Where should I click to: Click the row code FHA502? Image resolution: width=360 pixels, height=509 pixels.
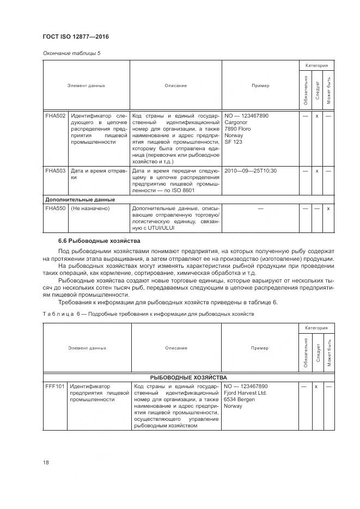55,116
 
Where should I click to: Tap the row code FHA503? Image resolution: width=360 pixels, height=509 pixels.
55,171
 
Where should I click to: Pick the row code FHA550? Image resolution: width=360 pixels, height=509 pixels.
55,208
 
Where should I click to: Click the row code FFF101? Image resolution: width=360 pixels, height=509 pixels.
56,386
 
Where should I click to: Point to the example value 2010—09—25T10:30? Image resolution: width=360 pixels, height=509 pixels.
251,171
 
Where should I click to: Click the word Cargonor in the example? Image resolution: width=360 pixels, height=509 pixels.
236,122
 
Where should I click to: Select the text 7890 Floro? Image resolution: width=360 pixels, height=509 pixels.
238,129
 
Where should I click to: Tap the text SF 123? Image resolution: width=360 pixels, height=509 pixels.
234,142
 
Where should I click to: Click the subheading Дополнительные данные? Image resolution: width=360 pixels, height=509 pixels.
80,199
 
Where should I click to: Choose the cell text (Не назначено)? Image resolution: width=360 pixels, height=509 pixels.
90,208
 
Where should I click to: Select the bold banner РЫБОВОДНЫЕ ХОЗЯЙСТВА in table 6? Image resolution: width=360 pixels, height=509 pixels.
189,377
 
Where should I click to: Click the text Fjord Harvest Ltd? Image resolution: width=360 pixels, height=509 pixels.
246,393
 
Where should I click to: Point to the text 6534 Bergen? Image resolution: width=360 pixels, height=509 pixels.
240,399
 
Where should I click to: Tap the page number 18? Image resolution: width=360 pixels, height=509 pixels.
46,462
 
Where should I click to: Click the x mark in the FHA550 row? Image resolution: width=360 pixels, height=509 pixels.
328,208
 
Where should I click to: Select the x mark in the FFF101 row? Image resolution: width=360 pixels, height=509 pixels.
316,386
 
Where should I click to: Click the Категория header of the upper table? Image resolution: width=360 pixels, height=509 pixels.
316,65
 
